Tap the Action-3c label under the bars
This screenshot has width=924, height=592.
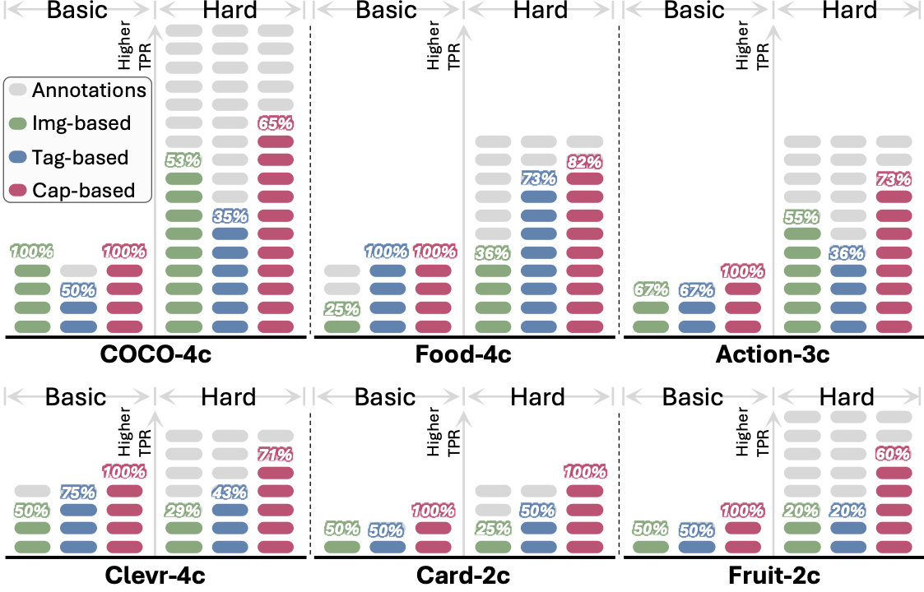(773, 356)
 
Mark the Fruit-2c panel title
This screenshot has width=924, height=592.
(773, 576)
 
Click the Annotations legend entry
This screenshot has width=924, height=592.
(89, 90)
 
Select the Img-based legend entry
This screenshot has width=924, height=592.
(81, 123)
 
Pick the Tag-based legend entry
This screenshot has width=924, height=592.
(81, 157)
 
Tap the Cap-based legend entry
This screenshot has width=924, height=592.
(83, 191)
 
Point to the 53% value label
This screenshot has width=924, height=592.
(183, 160)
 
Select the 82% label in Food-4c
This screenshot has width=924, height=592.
(585, 160)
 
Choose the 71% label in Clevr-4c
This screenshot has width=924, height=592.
(276, 454)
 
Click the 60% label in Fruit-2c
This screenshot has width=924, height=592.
(894, 454)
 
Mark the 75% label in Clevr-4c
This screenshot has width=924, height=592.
(78, 493)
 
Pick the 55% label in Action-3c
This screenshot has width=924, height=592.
(802, 217)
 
